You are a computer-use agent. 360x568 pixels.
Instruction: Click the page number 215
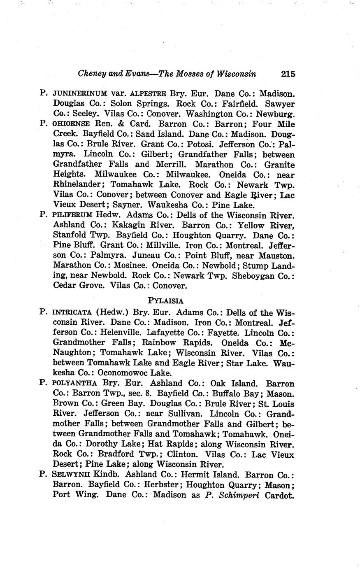pyautogui.click(x=288, y=74)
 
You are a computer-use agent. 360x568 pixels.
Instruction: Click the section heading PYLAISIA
pyautogui.click(x=166, y=300)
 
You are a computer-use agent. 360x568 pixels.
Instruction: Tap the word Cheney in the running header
pyautogui.click(x=92, y=74)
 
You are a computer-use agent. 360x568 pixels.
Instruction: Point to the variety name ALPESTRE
pyautogui.click(x=148, y=94)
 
